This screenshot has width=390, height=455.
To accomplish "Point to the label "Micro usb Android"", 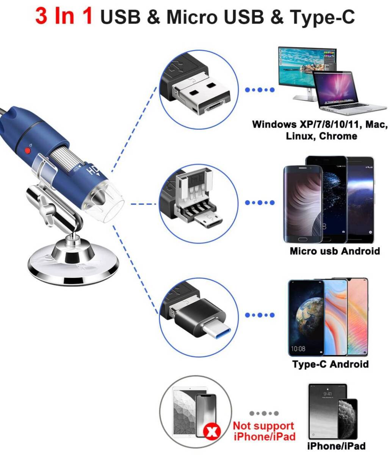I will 335,251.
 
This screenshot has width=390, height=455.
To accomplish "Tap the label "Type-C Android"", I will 330,364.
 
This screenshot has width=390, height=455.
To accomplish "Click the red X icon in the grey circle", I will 213,431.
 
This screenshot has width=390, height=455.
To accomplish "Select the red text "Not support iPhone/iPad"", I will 264,431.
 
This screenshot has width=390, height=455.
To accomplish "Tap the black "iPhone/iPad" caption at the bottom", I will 336,446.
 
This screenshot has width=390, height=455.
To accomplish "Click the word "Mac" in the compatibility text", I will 376,124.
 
